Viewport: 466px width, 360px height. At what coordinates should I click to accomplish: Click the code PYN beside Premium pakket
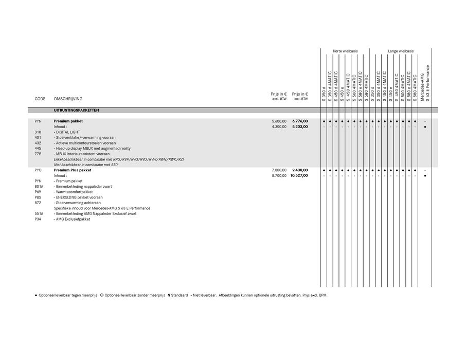pos(38,121)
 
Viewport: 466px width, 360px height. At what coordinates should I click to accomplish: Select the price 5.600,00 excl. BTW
pos(279,121)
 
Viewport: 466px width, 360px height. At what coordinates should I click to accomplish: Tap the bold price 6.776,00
pos(299,121)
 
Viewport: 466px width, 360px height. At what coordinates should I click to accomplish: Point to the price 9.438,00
pos(299,170)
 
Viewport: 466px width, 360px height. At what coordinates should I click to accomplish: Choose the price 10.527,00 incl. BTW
pos(298,175)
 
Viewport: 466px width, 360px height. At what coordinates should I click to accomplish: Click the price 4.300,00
pos(279,127)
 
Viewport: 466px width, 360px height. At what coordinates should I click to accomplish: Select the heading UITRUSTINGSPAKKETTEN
pos(77,111)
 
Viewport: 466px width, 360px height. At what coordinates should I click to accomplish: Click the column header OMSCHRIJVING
pos(68,99)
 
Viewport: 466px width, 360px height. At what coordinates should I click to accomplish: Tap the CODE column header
pos(40,99)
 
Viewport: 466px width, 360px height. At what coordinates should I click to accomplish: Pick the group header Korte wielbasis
pos(345,51)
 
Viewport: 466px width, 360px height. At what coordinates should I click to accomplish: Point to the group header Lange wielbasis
pos(401,51)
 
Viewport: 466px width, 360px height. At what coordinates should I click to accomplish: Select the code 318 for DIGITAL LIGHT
pos(38,132)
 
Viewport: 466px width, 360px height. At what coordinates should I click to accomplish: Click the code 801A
pos(39,186)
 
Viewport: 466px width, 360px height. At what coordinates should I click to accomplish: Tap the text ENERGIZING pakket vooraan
pos(79,197)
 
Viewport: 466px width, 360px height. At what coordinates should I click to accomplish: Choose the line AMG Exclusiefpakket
pos(73,219)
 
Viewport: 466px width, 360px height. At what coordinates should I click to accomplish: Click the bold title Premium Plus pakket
pos(73,170)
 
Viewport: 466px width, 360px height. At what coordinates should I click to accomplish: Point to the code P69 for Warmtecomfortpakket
pos(38,192)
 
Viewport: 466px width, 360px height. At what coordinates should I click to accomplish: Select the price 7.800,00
pos(279,170)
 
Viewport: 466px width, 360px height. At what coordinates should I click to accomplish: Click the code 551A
pos(39,213)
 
